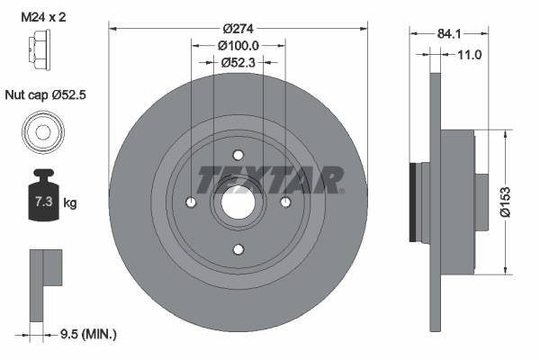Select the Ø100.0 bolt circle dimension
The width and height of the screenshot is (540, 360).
(238, 45)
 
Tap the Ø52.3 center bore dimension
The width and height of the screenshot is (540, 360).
(238, 62)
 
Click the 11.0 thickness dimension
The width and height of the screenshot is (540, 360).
(470, 55)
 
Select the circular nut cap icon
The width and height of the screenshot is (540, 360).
(41, 133)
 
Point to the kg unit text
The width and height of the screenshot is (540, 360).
(70, 203)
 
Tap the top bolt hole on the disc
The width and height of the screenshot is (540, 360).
(238, 154)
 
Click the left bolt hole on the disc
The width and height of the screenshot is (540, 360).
(192, 202)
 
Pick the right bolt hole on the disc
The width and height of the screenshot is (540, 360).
(285, 202)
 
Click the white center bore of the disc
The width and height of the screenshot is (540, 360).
(238, 203)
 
